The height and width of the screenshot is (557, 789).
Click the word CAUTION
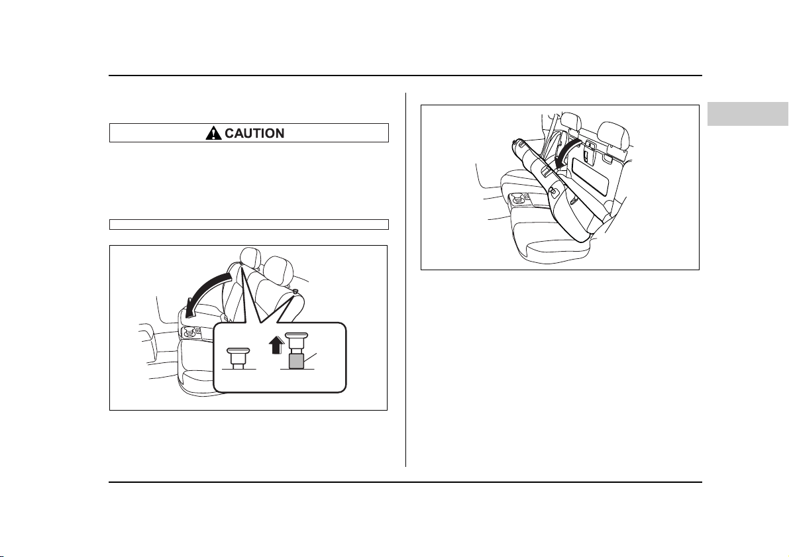click(254, 133)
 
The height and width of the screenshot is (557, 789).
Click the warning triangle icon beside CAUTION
click(213, 133)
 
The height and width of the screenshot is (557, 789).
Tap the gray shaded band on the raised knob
click(295, 361)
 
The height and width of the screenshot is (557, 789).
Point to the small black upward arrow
click(276, 346)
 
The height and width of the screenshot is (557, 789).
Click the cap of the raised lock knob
click(295, 335)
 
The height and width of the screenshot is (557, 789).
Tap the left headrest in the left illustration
click(251, 258)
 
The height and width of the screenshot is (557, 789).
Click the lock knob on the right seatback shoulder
click(295, 290)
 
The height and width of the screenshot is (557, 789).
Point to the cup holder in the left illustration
click(191, 331)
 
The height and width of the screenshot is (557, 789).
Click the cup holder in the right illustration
click(518, 200)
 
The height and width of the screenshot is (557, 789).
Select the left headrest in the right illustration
click(571, 124)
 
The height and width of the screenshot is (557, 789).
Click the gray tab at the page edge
click(748, 114)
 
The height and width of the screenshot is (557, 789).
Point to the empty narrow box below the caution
click(249, 225)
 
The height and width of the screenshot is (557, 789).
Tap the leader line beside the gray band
click(311, 358)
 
